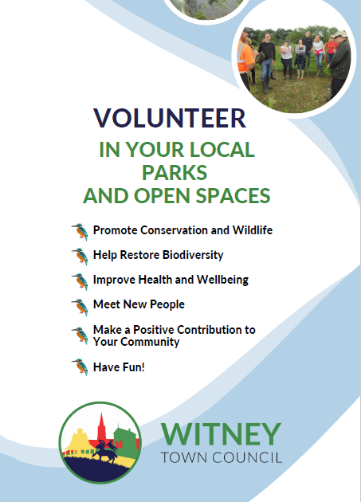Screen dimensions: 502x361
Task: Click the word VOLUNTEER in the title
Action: tap(170, 118)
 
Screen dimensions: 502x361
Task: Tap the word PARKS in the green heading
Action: tap(175, 171)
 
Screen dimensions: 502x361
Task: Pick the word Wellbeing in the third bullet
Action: tap(220, 280)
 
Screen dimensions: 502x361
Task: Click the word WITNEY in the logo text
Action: tap(221, 434)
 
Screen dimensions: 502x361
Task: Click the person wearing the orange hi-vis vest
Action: tap(245, 60)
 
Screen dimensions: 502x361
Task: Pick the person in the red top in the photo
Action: tap(330, 48)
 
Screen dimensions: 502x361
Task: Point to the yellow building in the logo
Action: tap(78, 441)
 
